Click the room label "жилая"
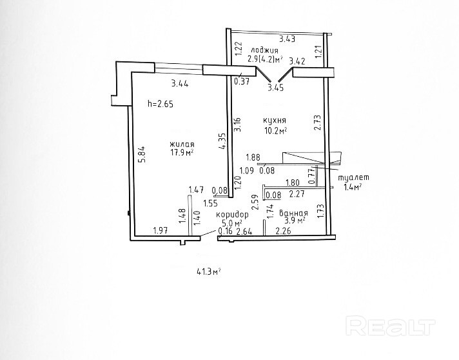(x=182, y=144)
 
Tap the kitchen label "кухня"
(x=275, y=120)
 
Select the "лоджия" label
(x=266, y=50)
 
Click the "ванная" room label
(x=292, y=211)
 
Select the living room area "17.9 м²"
(x=182, y=153)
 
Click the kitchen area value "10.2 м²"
(x=275, y=130)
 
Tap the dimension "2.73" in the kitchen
(x=317, y=123)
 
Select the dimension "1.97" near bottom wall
(x=160, y=231)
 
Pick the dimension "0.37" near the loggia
(x=242, y=81)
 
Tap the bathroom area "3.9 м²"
(x=293, y=220)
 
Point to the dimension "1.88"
(x=253, y=157)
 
